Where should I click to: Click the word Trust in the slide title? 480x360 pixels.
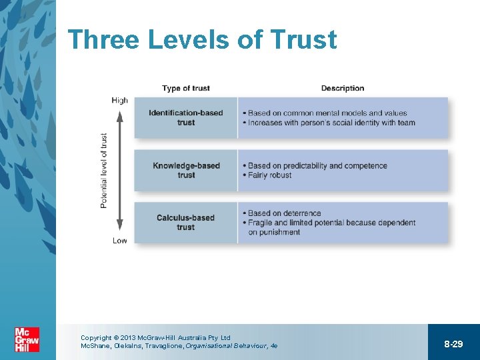(x=303, y=40)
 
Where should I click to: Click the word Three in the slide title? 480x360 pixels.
(x=103, y=40)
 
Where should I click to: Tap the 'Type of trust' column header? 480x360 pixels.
(x=186, y=88)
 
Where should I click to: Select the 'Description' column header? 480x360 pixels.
(x=343, y=88)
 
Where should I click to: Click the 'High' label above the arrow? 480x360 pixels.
(x=120, y=101)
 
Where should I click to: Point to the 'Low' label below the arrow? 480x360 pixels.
(x=120, y=241)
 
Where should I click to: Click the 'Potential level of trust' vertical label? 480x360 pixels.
(x=104, y=171)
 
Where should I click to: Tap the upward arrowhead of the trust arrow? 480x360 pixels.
(x=120, y=115)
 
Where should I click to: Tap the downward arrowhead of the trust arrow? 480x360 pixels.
(x=120, y=227)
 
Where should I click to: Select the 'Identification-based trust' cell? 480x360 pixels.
(x=186, y=118)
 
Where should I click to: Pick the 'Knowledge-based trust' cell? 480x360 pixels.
(x=186, y=171)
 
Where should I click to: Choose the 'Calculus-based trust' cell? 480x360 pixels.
(x=186, y=222)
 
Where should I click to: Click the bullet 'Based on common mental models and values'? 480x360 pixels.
(x=327, y=113)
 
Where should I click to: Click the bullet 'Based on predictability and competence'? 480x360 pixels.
(x=317, y=166)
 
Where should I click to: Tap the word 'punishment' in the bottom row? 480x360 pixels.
(x=274, y=232)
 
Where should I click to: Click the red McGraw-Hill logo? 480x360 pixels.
(x=27, y=339)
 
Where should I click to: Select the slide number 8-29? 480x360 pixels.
(x=453, y=344)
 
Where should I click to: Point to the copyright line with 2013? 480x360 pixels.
(x=155, y=338)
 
